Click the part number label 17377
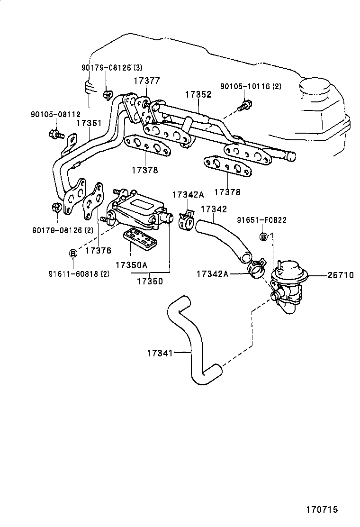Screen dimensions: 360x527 point(147,81)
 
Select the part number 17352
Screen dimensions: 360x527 point(198,94)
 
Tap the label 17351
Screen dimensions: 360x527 point(89,123)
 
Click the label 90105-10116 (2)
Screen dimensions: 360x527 point(251,86)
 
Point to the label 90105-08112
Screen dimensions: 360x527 point(56,115)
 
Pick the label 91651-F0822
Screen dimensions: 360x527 point(261,220)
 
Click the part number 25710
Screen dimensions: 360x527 point(341,275)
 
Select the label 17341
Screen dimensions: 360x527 point(160,353)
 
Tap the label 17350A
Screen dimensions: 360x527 point(131,265)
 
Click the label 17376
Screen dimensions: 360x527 point(98,250)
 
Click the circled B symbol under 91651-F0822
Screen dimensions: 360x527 point(264,236)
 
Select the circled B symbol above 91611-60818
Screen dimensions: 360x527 point(72,253)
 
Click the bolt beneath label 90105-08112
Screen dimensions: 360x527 point(55,134)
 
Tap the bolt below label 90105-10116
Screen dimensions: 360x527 point(243,107)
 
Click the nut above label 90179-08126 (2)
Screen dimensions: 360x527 point(56,209)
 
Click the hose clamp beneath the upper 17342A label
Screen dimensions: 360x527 point(186,219)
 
